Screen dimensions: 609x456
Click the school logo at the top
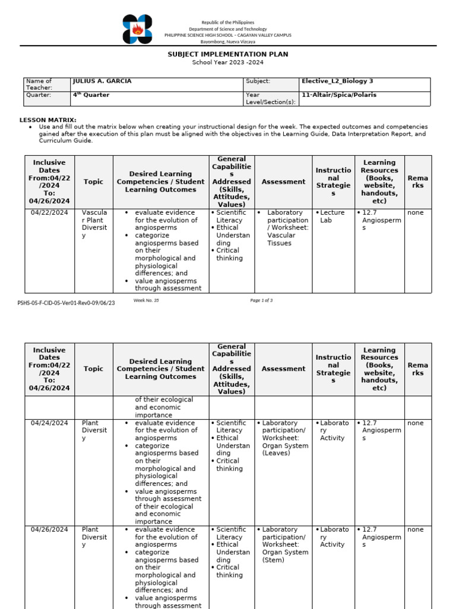coord(137,30)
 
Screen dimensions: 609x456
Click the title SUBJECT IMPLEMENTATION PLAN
coord(228,54)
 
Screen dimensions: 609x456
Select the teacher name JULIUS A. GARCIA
coord(102,81)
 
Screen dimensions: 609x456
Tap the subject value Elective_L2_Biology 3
coord(337,81)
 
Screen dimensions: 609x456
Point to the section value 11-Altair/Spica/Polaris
coord(339,95)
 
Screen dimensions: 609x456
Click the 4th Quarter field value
coord(91,95)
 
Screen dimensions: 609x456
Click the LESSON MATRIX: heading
coord(48,120)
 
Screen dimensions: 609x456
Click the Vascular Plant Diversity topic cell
coord(94,224)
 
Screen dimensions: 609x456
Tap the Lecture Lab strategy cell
coord(332,216)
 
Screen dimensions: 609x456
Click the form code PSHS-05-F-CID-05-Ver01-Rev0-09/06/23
coord(66,303)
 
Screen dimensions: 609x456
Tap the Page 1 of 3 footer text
coord(261,300)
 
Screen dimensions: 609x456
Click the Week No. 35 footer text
coord(146,300)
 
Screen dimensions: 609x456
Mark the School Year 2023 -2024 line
coord(228,62)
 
